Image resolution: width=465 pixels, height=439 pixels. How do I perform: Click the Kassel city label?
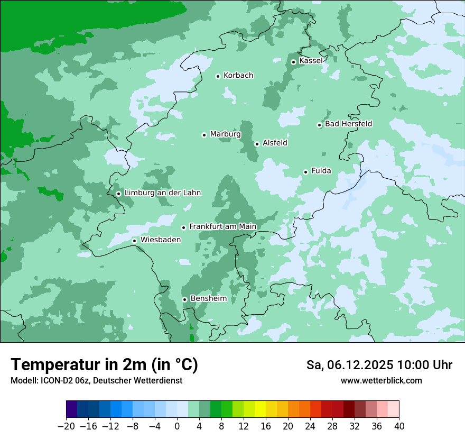(311, 61)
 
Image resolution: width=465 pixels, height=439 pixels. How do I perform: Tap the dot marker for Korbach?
(218, 76)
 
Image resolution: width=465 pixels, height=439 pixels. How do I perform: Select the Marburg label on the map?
(225, 134)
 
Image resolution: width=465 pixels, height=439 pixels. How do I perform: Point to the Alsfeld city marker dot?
(257, 144)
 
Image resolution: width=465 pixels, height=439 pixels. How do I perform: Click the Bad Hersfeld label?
(348, 124)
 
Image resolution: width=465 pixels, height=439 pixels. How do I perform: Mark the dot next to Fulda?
(305, 172)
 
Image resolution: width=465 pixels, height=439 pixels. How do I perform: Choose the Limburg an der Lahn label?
(162, 193)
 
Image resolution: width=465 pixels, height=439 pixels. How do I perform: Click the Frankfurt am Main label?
(222, 227)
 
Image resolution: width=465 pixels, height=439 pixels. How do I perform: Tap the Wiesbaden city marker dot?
(135, 241)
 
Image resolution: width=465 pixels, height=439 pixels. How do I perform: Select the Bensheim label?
(208, 299)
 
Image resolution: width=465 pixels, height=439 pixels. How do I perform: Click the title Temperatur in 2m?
(104, 365)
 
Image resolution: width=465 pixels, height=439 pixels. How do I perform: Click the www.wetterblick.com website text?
(381, 380)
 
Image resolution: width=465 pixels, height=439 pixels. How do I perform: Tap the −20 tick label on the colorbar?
(66, 426)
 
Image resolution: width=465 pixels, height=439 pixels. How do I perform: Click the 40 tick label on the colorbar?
(399, 426)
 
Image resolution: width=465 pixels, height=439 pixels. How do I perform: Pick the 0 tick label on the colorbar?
(177, 426)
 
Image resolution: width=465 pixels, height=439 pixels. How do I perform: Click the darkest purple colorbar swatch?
(72, 409)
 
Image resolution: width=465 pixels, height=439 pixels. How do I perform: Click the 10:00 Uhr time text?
(425, 365)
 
